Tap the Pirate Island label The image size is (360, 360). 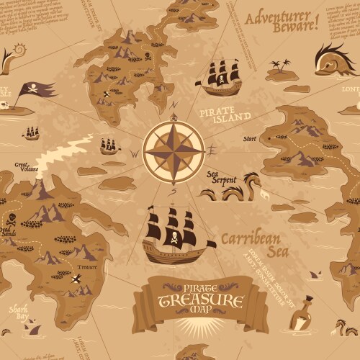coord(225,115)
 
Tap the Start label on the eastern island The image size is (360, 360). coord(250,138)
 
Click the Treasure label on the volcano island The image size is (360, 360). coord(87,266)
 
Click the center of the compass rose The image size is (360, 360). coord(173,150)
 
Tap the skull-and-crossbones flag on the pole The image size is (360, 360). coord(36,90)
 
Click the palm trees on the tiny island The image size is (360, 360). coord(279,67)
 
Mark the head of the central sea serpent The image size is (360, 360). coord(250,178)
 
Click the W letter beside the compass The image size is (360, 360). coord(133,153)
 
